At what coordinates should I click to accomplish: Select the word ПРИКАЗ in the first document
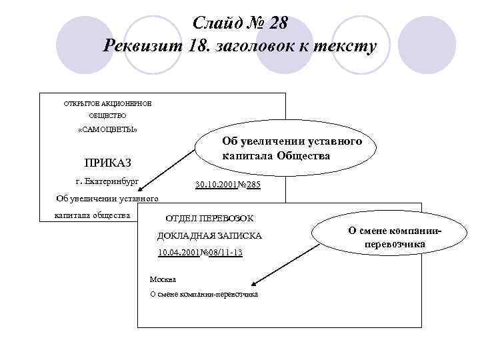pos(108,163)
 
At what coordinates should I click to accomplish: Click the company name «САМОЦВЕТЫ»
pos(108,129)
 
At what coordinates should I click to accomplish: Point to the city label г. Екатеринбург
pos(107,181)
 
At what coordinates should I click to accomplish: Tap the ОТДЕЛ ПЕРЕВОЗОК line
pos(209,219)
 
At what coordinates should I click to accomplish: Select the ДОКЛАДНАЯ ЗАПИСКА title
pos(209,236)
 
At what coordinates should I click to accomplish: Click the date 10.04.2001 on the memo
pos(178,253)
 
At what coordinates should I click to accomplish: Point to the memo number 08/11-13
pos(225,253)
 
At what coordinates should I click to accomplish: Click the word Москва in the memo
pos(163,279)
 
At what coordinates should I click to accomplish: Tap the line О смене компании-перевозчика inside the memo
pos(204,295)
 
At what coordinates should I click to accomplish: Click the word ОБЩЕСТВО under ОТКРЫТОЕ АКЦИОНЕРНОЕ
pos(107,115)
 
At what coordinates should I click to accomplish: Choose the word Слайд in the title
pos(215,23)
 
